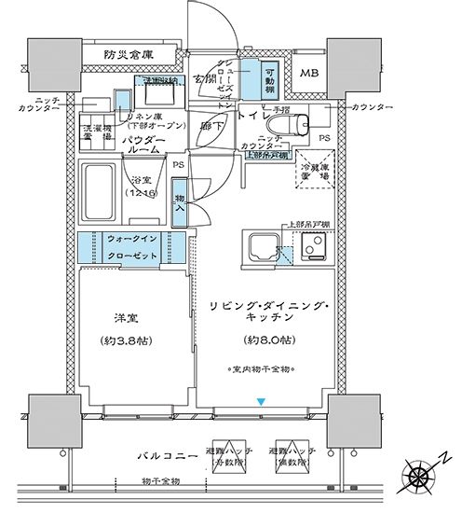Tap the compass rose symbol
point(421,478)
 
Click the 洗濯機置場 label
point(96,131)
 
